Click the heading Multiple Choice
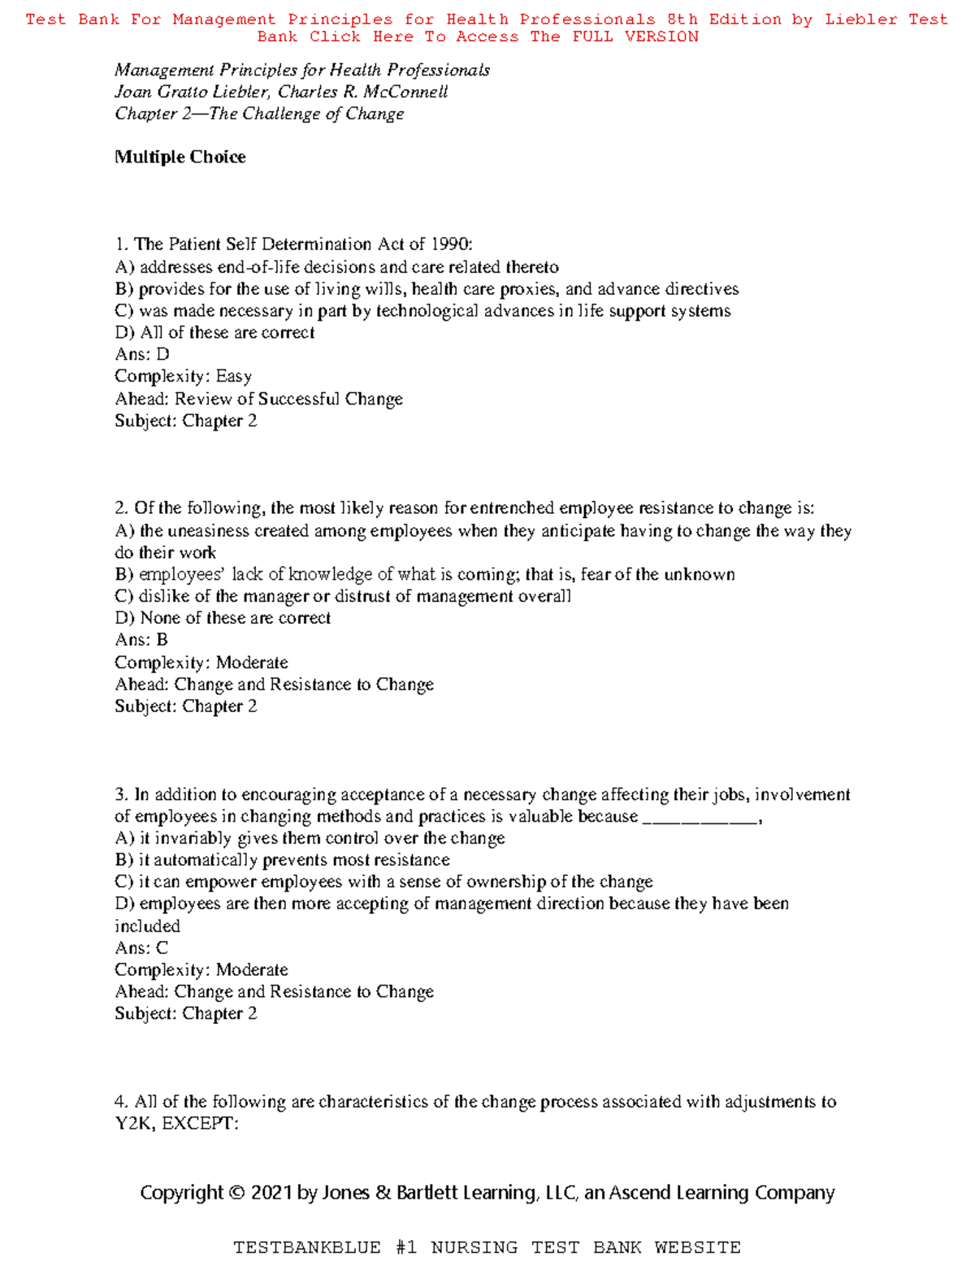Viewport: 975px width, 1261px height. (x=180, y=157)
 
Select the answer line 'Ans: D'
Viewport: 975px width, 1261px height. (x=142, y=354)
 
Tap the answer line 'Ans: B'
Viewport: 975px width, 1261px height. (x=141, y=640)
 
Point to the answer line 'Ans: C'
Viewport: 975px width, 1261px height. (x=141, y=948)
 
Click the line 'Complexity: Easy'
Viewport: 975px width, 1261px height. (x=183, y=376)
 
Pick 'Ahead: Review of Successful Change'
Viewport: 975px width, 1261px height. (x=258, y=399)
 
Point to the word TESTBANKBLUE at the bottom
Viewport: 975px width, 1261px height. (x=307, y=1247)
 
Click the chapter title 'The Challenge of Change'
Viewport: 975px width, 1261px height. (x=306, y=114)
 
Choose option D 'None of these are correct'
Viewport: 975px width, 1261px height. (x=223, y=618)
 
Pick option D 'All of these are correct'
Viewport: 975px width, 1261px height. (x=214, y=332)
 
